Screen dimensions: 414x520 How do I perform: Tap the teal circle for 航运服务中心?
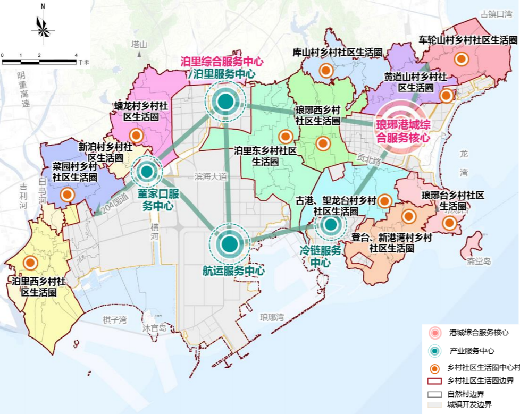tap(229, 244)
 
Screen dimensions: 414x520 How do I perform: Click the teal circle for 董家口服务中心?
tap(147, 171)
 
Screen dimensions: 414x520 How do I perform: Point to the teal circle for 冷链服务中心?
tap(330, 225)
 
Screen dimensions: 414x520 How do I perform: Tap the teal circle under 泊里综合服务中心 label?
tap(225, 100)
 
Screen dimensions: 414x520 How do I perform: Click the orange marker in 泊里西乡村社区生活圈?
tap(30, 263)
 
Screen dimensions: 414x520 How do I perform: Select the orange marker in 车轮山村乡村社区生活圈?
tap(462, 60)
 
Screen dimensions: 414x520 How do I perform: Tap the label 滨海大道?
tap(211, 176)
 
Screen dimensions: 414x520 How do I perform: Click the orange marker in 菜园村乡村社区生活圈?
tap(67, 195)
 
